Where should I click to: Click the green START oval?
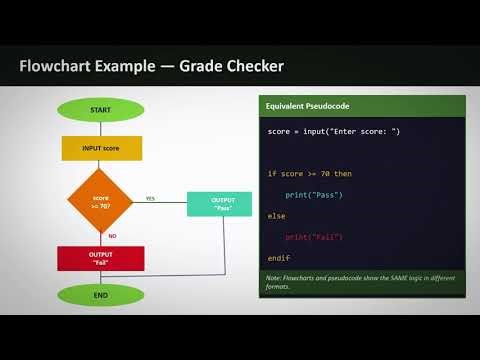pyautogui.click(x=100, y=108)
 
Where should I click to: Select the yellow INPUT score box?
pyautogui.click(x=100, y=148)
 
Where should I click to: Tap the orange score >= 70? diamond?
pyautogui.click(x=100, y=202)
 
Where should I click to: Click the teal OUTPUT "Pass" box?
pyautogui.click(x=220, y=203)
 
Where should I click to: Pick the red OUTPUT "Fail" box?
pyautogui.click(x=100, y=258)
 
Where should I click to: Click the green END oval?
pyautogui.click(x=100, y=295)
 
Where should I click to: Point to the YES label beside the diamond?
pyautogui.click(x=150, y=197)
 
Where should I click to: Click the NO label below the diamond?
pyautogui.click(x=112, y=236)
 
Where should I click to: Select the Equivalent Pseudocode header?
pyautogui.click(x=301, y=105)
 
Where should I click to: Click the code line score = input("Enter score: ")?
pyautogui.click(x=333, y=132)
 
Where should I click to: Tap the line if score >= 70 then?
pyautogui.click(x=310, y=174)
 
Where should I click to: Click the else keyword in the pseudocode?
pyautogui.click(x=277, y=215)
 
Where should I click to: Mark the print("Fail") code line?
pyautogui.click(x=314, y=237)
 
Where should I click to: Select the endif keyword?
pyautogui.click(x=279, y=258)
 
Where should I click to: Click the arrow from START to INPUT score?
pyautogui.click(x=100, y=127)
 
